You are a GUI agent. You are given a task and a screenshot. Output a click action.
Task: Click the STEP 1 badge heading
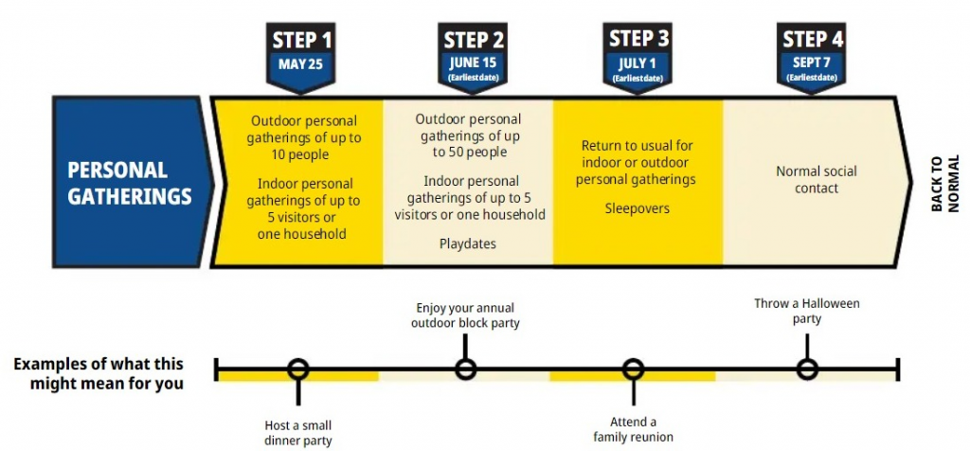pos(302,41)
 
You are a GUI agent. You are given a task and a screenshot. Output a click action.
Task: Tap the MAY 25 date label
pos(302,64)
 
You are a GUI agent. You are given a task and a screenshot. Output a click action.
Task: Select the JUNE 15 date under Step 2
pos(473,63)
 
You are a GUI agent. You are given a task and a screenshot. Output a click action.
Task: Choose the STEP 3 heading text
pos(638,39)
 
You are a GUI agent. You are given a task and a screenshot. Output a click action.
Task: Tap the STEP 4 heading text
pos(812,39)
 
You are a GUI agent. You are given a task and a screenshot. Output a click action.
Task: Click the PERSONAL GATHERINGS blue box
pos(129,183)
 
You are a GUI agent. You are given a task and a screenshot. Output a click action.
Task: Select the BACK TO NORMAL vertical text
pos(944,183)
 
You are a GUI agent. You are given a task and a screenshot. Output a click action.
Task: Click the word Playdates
pos(469,244)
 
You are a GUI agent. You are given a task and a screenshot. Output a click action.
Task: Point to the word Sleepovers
pos(637,207)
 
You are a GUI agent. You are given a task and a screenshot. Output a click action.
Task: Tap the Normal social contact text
pos(816,179)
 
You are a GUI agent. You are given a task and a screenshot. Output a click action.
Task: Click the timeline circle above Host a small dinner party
pos(298,369)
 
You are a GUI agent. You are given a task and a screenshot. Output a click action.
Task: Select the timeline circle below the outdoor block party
pos(465,369)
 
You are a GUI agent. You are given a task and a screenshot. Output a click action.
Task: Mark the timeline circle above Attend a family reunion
pos(633,369)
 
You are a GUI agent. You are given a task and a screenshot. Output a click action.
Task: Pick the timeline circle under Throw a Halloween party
pos(807,369)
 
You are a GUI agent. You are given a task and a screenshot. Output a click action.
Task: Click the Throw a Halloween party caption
pos(807,311)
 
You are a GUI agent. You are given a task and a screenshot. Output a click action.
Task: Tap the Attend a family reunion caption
pos(633,429)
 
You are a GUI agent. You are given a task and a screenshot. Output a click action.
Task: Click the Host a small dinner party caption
pos(298,432)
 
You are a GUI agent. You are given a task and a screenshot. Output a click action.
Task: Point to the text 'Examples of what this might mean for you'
pos(99,373)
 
